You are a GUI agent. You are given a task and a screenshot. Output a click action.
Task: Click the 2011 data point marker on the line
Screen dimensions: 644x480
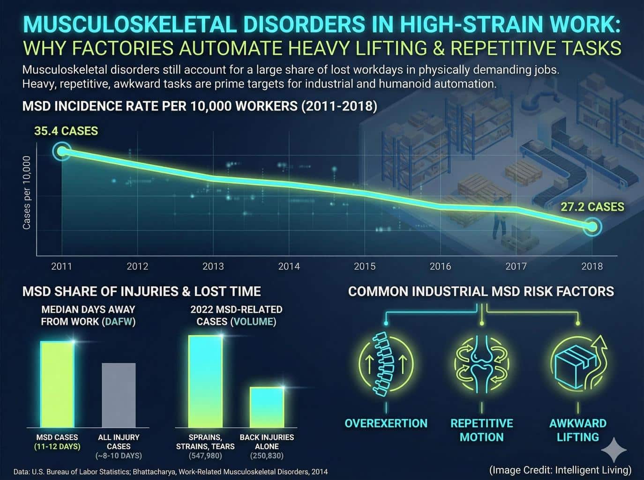61,151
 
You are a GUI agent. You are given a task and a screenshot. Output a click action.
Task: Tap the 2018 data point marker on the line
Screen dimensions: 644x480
592,227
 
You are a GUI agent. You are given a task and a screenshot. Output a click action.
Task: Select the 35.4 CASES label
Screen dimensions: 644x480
66,131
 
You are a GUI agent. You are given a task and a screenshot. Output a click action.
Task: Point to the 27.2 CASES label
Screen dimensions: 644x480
592,207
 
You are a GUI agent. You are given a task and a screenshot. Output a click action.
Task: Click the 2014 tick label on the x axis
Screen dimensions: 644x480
289,266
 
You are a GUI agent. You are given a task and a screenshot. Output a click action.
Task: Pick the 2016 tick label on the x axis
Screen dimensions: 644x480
441,266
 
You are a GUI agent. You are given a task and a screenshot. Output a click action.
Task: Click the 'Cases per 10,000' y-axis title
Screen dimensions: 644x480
26,192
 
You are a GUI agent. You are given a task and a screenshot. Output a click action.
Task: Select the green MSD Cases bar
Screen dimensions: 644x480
57,384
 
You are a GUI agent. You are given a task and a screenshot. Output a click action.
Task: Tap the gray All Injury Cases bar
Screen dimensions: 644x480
119,395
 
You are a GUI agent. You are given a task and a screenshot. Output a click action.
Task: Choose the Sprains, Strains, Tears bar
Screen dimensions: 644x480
205,382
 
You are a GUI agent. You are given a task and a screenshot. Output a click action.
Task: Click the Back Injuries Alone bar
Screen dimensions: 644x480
267,407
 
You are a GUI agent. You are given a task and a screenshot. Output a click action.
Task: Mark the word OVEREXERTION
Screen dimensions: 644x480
386,423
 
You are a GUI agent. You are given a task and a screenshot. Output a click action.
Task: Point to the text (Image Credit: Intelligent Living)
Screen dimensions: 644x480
561,470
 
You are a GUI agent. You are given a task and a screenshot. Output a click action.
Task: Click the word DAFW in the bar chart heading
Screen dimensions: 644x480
119,321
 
